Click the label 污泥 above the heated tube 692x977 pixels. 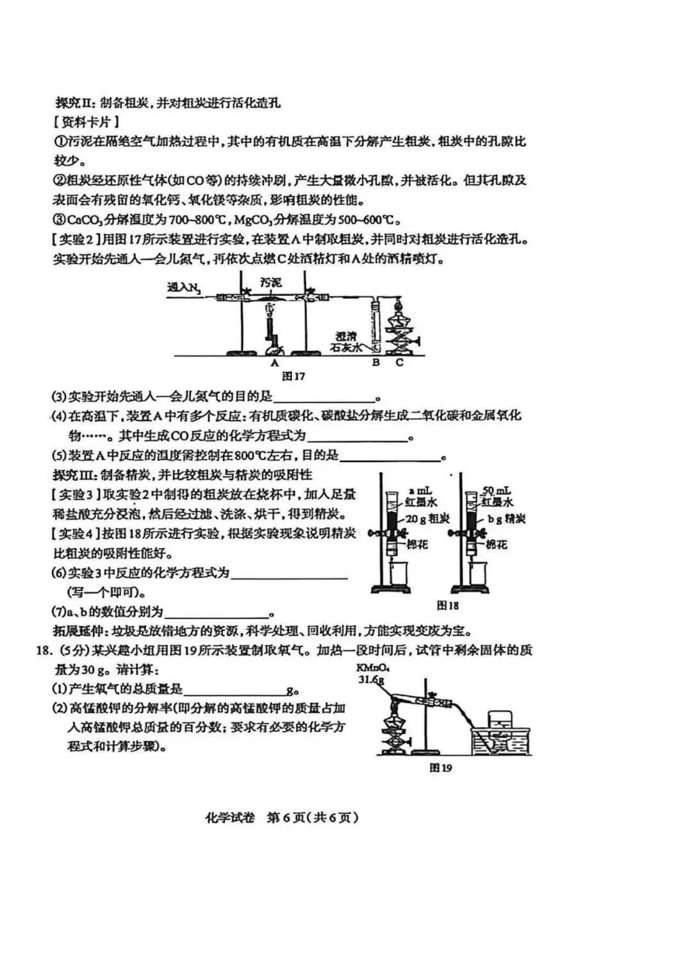[x=271, y=282]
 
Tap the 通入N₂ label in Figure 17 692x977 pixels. [x=184, y=288]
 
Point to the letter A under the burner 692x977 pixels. [x=275, y=362]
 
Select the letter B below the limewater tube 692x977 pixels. [x=375, y=362]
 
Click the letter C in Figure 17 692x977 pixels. [x=399, y=362]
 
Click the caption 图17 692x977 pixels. [x=293, y=376]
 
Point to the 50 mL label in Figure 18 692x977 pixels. [x=497, y=491]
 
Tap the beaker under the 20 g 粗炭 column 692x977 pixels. [x=399, y=574]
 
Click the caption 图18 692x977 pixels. [x=448, y=605]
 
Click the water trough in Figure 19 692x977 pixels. [x=500, y=741]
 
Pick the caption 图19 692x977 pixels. [x=441, y=768]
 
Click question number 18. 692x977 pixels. [x=44, y=651]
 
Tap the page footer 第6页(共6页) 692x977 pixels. [x=311, y=818]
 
